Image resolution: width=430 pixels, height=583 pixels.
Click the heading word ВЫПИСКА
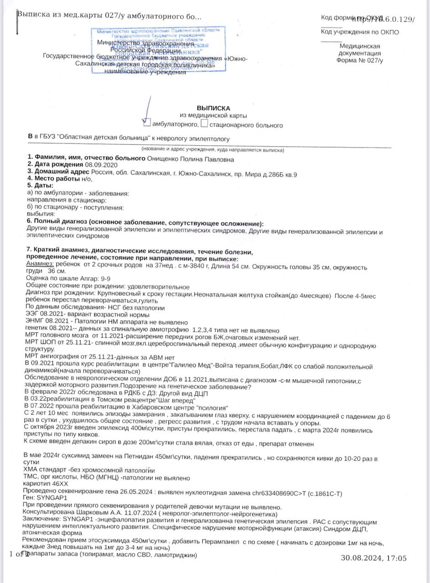tap(213, 108)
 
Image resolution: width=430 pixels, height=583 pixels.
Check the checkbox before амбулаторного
tap(147, 123)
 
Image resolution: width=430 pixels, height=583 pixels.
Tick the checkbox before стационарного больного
tap(204, 123)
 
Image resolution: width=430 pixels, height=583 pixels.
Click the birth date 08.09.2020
tap(102, 164)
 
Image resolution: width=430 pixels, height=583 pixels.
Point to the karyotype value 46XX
tap(60, 484)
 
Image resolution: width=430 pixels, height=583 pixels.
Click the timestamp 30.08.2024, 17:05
tap(373, 558)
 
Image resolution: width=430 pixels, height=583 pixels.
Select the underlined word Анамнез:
tap(40, 264)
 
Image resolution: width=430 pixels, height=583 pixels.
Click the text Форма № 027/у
tap(360, 60)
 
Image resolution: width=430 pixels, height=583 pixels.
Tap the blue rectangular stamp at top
tap(158, 49)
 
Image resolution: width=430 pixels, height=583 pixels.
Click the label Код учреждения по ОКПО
tap(360, 32)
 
